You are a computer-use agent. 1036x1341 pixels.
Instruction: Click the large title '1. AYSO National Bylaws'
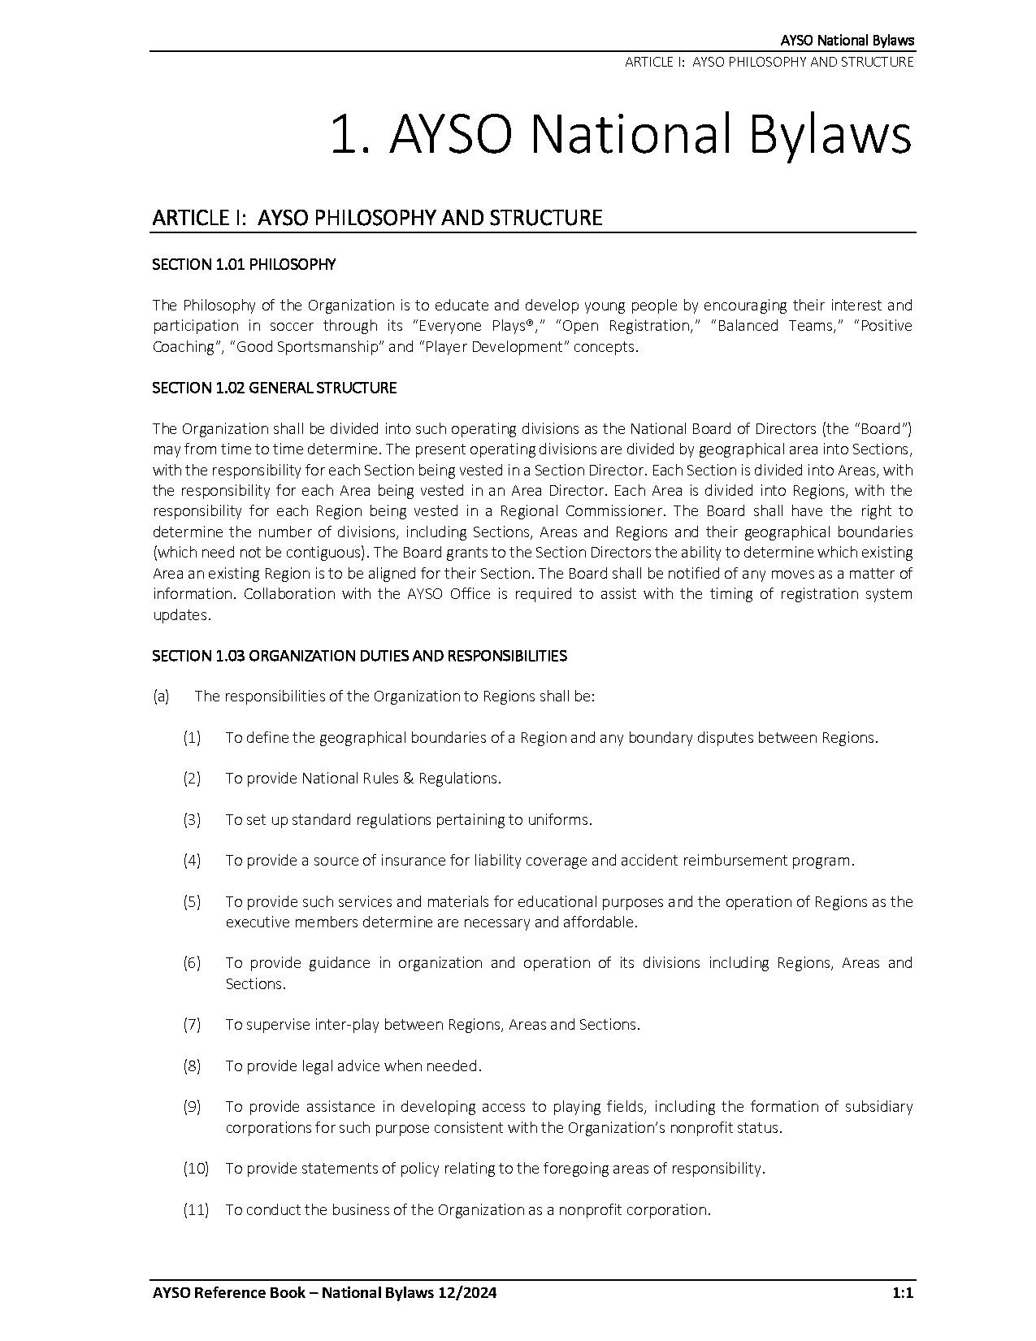click(620, 134)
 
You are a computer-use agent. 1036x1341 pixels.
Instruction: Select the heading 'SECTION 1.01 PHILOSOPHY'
click(244, 264)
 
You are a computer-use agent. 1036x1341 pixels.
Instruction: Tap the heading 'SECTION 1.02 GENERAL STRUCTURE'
click(275, 388)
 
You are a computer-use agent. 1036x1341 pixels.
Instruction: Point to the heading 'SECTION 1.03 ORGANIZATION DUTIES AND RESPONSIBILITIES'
click(359, 655)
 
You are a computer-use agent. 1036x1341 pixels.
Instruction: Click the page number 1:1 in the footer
click(903, 1293)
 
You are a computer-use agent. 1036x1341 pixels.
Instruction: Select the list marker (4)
click(192, 860)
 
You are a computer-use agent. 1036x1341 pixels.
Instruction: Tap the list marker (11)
click(195, 1209)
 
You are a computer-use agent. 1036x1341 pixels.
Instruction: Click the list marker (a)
click(161, 697)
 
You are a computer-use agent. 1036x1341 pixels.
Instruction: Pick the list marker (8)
click(192, 1065)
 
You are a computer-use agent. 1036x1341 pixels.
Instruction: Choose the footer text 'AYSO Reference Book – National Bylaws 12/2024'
click(324, 1293)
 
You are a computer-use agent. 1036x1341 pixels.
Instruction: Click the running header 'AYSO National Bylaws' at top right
click(847, 41)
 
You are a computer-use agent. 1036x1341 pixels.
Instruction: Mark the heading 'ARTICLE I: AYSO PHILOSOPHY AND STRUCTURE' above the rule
click(377, 218)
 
